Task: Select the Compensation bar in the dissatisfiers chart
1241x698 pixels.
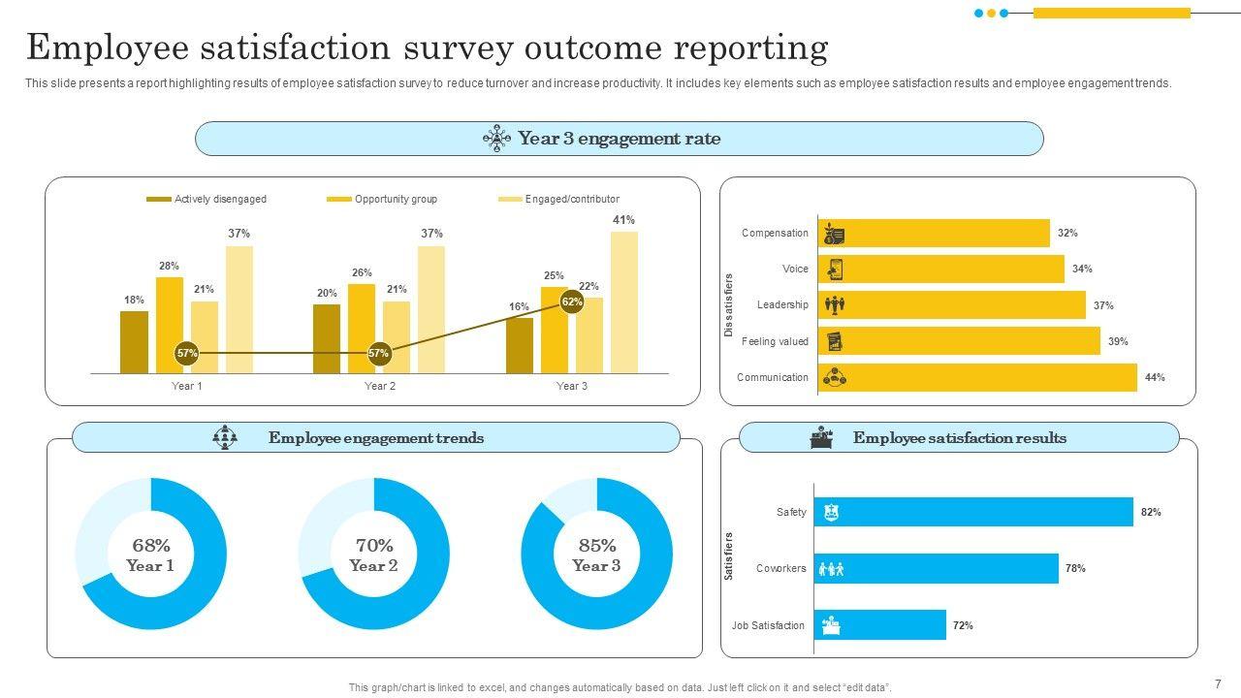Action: (x=935, y=234)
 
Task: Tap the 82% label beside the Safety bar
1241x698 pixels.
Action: (x=1151, y=512)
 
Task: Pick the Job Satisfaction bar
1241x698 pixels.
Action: (x=879, y=625)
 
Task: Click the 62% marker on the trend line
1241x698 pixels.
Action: (x=572, y=302)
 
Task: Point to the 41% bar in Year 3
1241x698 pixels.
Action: (x=624, y=301)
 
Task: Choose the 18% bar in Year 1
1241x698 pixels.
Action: (x=135, y=342)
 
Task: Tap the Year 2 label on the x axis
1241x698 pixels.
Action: (x=380, y=386)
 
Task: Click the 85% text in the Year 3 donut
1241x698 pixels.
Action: (x=596, y=546)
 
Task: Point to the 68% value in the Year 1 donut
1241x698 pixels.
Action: (x=151, y=546)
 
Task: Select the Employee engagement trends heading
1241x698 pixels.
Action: (x=376, y=438)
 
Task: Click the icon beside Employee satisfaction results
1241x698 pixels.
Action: (x=821, y=438)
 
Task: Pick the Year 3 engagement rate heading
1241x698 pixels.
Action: (x=619, y=139)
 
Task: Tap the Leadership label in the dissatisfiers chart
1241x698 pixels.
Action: (x=782, y=305)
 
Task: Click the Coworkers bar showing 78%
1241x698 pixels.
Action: (x=936, y=569)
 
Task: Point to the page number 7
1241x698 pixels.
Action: (x=1218, y=683)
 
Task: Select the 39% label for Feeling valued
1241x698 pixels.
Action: (x=1118, y=341)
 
